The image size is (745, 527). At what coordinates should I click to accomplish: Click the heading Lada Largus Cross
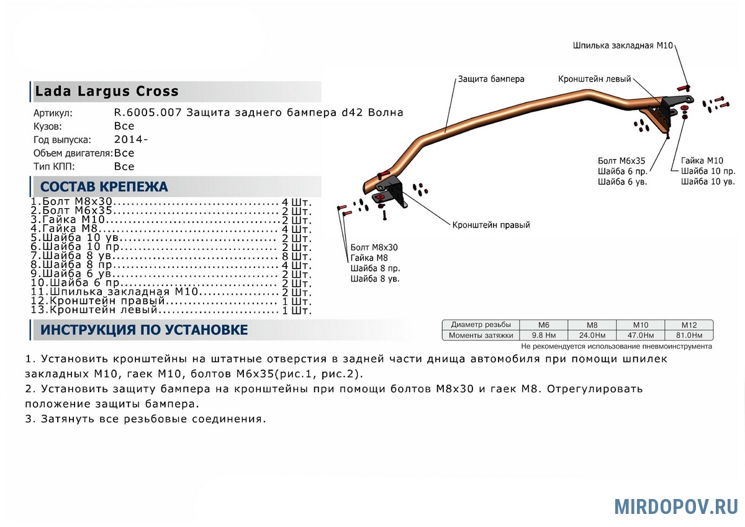coord(107,91)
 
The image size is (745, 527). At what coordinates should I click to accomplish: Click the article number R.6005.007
coord(148,112)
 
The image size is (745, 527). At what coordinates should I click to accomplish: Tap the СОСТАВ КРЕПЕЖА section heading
coord(104,186)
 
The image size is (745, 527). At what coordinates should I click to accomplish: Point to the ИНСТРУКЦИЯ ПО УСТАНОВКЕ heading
coord(144,329)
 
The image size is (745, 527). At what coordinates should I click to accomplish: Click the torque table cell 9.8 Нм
coord(543,335)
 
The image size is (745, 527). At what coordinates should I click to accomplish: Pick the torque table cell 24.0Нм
coord(592,335)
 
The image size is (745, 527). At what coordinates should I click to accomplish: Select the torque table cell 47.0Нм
coord(640,335)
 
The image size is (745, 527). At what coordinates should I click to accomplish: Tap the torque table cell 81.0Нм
coord(689,335)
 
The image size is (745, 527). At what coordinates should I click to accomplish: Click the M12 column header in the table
coord(689,325)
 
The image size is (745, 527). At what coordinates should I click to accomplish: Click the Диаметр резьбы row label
coord(481,324)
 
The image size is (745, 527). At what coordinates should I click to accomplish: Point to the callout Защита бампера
coord(491,79)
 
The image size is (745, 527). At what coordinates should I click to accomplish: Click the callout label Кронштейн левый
coord(594,79)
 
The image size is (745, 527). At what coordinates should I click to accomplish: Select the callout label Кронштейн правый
coord(491,225)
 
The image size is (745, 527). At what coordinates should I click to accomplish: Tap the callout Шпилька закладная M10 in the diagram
coord(623,45)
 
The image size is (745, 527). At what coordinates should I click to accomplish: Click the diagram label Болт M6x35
coord(621,161)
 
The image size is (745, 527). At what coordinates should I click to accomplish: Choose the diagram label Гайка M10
coord(702,160)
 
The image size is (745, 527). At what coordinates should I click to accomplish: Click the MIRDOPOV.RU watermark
coord(676,506)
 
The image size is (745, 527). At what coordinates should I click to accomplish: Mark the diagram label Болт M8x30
coord(374,247)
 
